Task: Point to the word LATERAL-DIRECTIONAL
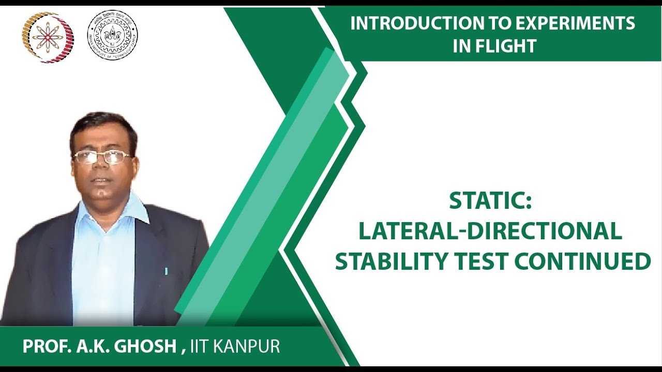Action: tap(490, 231)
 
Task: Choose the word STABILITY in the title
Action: tap(390, 261)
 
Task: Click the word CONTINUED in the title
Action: tap(582, 261)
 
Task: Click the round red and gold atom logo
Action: tap(48, 37)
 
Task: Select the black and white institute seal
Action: tap(112, 35)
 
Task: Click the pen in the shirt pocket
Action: tap(166, 270)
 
